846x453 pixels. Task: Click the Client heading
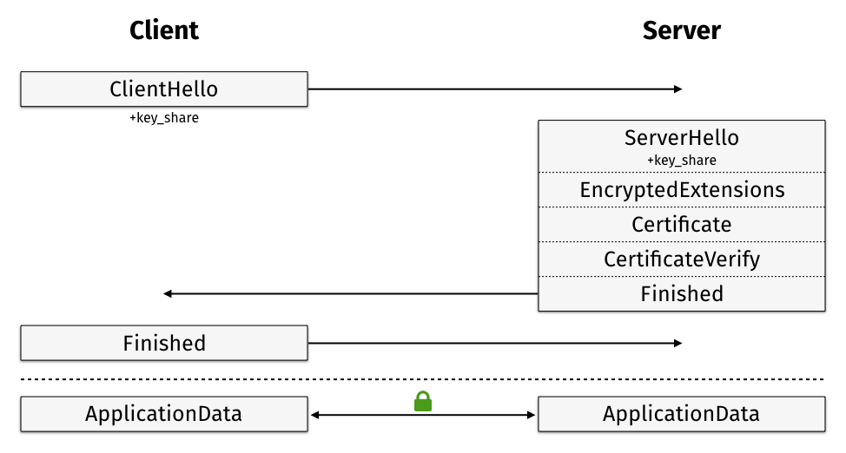click(x=164, y=30)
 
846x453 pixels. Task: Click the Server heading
click(x=682, y=30)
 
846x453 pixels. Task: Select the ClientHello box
click(x=164, y=89)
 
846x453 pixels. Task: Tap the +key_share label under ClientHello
click(x=164, y=117)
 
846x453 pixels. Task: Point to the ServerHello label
click(x=682, y=137)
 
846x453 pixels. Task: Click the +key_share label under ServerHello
click(x=682, y=161)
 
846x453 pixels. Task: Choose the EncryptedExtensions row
click(x=682, y=190)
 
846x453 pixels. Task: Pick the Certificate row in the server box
click(x=682, y=225)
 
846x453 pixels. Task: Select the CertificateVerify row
click(x=682, y=259)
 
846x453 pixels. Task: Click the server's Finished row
click(x=682, y=294)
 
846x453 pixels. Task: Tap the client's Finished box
click(x=164, y=343)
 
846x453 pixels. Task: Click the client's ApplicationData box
click(x=164, y=414)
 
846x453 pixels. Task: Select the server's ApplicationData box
click(x=682, y=414)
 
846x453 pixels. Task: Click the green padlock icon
click(x=423, y=402)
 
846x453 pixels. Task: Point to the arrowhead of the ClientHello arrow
click(x=678, y=89)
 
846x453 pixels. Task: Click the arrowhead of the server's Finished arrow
click(x=168, y=294)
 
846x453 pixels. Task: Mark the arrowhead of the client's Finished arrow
click(x=678, y=343)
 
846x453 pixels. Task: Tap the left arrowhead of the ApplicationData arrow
click(x=315, y=415)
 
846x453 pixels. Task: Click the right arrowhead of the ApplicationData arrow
click(x=531, y=415)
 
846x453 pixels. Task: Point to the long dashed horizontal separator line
click(x=422, y=379)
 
